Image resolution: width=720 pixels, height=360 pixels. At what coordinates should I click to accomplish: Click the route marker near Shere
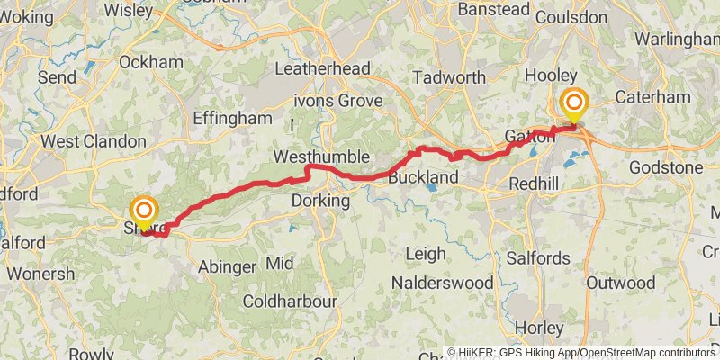(143, 212)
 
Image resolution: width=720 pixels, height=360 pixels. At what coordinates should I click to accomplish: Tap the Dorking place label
(320, 202)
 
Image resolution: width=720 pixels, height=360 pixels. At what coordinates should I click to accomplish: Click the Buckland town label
(424, 178)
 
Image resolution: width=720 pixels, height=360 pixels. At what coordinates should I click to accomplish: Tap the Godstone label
(665, 167)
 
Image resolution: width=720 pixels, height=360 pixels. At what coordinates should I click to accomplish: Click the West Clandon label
(94, 141)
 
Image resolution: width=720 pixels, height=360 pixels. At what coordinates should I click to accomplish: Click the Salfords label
(537, 258)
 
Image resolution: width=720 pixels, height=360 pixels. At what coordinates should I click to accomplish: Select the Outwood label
(620, 283)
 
